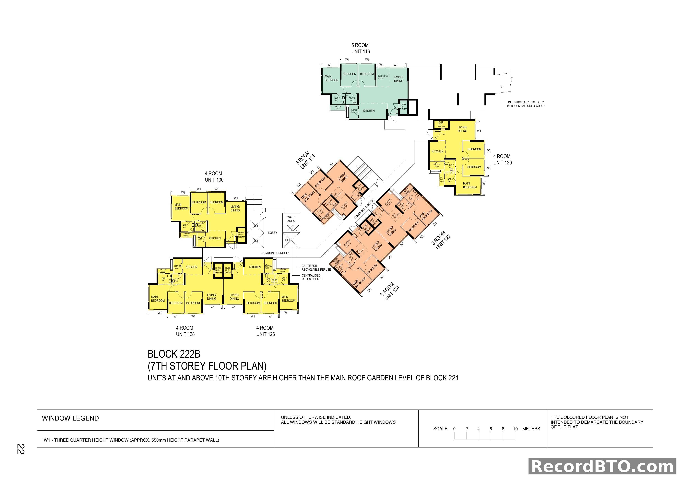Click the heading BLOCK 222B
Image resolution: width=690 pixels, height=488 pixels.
[x=174, y=354]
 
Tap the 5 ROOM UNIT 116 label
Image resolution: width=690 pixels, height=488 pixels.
[x=360, y=48]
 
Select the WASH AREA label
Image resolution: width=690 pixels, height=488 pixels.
[x=291, y=219]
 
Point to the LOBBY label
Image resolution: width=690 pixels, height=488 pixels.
[x=273, y=233]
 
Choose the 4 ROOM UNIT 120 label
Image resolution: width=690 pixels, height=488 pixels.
[x=502, y=160]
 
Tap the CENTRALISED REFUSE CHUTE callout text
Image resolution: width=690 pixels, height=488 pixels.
[x=312, y=277]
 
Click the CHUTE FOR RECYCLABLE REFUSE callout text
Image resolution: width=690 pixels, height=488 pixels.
[x=316, y=268]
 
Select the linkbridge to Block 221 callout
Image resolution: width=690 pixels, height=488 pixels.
[x=526, y=104]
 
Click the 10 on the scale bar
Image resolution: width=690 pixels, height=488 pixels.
[x=515, y=429]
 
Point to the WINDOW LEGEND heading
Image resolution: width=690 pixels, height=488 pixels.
[x=70, y=418]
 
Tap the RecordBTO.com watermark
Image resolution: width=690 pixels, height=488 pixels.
[x=602, y=467]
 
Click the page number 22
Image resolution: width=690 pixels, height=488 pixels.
[x=20, y=449]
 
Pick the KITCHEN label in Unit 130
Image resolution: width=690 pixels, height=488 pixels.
[x=215, y=238]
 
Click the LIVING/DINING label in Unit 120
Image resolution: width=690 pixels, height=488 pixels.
[x=462, y=129]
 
